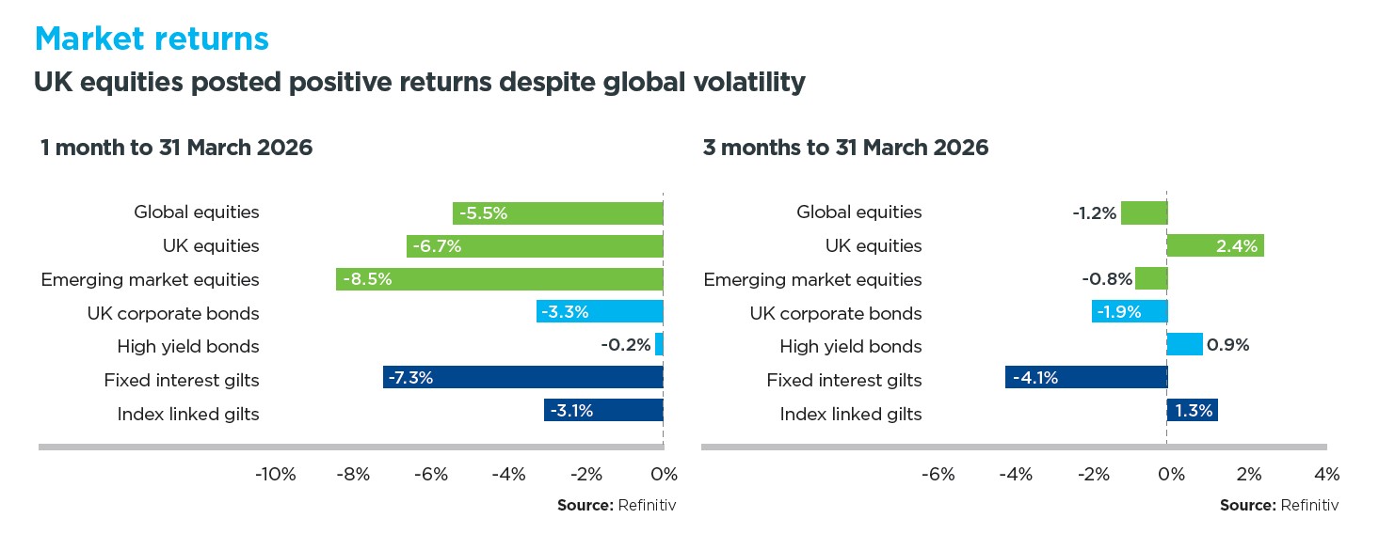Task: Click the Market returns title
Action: [151, 39]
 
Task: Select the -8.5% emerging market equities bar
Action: [499, 279]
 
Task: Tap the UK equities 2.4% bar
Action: [1214, 246]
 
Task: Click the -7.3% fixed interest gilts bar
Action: [522, 380]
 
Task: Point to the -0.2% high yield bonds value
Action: [626, 346]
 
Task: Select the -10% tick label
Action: [275, 474]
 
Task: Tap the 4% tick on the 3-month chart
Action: [1326, 474]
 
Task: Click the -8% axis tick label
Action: [352, 474]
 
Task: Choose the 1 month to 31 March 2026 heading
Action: [176, 148]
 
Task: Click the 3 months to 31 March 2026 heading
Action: [845, 148]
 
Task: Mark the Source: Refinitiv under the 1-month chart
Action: [617, 506]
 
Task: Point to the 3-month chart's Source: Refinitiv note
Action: [1278, 506]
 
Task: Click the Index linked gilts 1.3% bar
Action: [1192, 414]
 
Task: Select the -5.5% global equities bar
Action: [557, 212]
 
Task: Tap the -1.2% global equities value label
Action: [1094, 212]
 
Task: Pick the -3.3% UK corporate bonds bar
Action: [600, 313]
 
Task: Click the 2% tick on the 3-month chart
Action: [1248, 474]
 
